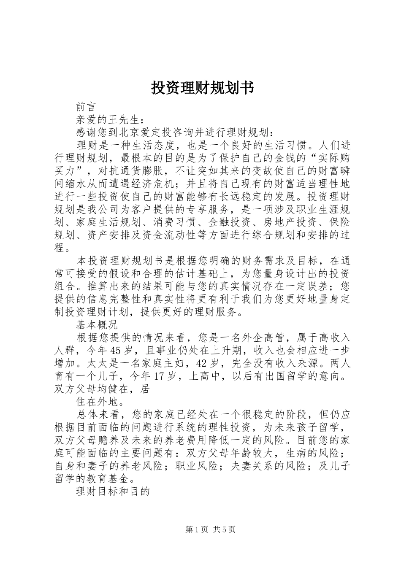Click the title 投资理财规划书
click(x=202, y=87)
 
